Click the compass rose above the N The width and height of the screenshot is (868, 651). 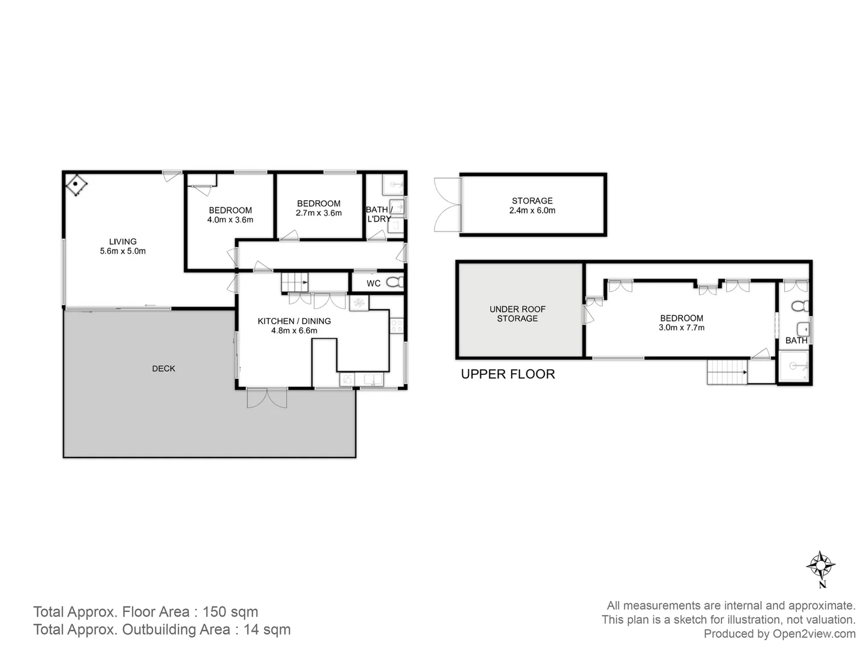click(x=820, y=565)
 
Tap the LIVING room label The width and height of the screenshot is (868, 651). click(x=122, y=242)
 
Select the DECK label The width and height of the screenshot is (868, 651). click(x=163, y=368)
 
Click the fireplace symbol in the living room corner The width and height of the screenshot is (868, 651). click(x=77, y=185)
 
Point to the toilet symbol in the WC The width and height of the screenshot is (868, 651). click(x=394, y=282)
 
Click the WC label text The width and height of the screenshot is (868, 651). click(x=373, y=283)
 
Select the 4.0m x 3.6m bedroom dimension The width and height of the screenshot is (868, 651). click(x=230, y=220)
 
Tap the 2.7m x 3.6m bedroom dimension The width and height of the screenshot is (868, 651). click(x=318, y=213)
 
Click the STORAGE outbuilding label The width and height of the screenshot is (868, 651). click(x=532, y=201)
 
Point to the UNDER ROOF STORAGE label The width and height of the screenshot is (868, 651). click(x=517, y=313)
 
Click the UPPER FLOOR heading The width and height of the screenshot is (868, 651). click(x=508, y=374)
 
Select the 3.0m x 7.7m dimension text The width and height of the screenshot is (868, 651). click(x=681, y=328)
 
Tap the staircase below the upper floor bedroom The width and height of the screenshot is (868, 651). click(x=727, y=371)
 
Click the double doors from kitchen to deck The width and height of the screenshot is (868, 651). click(x=267, y=398)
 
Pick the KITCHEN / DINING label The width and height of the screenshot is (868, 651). click(x=294, y=321)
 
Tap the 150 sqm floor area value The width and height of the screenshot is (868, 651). click(x=230, y=612)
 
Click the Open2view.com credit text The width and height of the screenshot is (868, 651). click(x=779, y=634)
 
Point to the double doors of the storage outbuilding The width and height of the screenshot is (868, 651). click(x=446, y=205)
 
